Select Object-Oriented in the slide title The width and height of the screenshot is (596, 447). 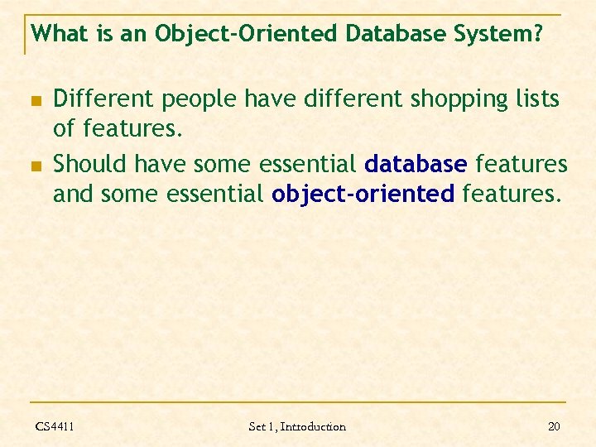click(x=248, y=34)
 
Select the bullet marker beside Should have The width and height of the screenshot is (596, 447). click(x=36, y=166)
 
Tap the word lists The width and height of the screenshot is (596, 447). click(x=536, y=100)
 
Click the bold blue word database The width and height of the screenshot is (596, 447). click(x=416, y=165)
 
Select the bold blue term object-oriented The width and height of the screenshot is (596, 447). click(x=363, y=195)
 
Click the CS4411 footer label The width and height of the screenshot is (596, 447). click(x=55, y=426)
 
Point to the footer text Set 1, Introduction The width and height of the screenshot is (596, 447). click(x=297, y=426)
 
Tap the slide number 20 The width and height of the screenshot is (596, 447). click(x=555, y=426)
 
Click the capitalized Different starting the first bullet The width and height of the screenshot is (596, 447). click(x=103, y=100)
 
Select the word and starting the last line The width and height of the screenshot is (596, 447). click(x=73, y=195)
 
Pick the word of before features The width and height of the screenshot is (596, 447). click(x=65, y=130)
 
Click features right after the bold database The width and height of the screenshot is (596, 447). click(x=521, y=165)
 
